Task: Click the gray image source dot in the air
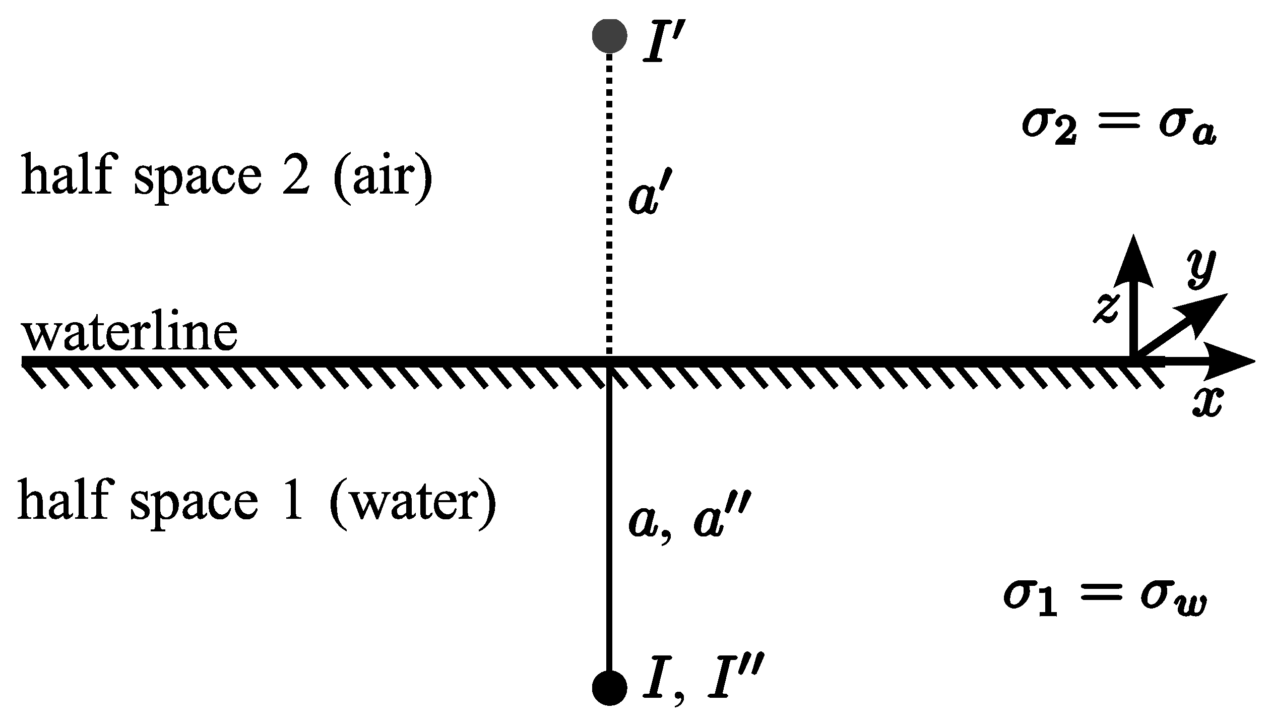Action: click(x=609, y=36)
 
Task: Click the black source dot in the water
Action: click(x=609, y=688)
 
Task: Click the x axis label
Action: click(x=1206, y=404)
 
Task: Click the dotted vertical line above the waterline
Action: click(x=609, y=202)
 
